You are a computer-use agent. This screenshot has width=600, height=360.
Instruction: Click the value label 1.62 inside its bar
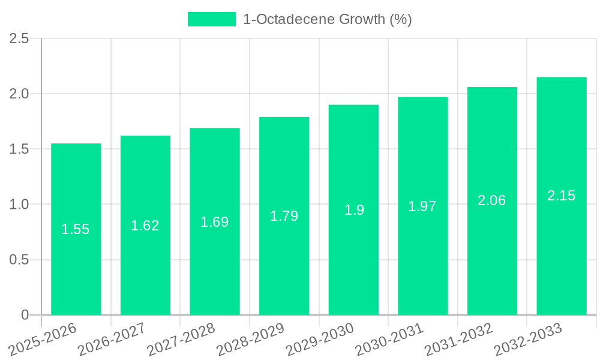145,226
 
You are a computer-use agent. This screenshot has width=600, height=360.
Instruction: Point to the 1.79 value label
284,216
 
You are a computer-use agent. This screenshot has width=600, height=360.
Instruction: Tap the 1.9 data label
354,210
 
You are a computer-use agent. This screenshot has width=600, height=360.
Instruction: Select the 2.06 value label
492,200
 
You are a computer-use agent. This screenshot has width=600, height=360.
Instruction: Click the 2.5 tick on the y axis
19,38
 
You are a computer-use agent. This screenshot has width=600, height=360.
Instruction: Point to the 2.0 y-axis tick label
19,94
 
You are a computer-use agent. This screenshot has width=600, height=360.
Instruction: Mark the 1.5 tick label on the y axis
19,149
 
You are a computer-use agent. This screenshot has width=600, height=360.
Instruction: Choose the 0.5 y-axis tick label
19,260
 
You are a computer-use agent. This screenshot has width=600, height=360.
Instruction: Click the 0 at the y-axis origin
25,315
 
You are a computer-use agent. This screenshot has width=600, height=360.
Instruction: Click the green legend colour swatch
212,19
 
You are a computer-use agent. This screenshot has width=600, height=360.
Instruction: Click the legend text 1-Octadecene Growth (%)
327,19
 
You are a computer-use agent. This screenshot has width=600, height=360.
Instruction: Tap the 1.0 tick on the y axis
19,205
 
